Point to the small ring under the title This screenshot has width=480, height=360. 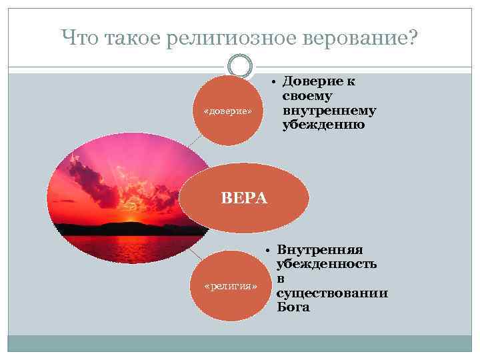(240, 66)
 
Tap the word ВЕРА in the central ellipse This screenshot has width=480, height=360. (244, 198)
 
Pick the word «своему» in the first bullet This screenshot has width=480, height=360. (307, 96)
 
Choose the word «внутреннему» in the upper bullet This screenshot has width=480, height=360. (329, 110)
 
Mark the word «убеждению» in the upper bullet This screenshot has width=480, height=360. (323, 124)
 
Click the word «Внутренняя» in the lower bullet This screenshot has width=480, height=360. (319, 250)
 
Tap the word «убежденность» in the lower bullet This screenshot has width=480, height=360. (326, 264)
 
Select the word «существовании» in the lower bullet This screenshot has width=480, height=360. (332, 293)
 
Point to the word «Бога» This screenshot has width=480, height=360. (293, 307)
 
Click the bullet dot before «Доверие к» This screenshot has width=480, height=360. (274, 82)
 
